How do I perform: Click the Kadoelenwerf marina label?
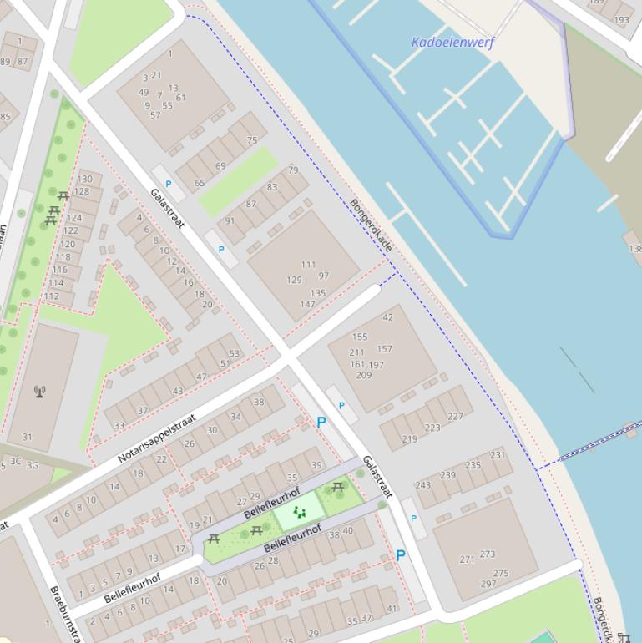tap(452, 42)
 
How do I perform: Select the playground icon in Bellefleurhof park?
tap(299, 513)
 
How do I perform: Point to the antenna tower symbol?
tap(40, 391)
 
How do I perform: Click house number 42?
tap(387, 317)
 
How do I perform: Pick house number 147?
tap(307, 305)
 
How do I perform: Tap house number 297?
tap(488, 585)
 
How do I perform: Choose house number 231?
tap(498, 455)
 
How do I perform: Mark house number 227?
tap(455, 416)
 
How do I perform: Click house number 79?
tap(293, 170)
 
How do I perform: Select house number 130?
tap(84, 180)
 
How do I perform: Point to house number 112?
tap(52, 296)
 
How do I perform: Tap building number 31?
tap(27, 437)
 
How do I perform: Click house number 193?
tap(621, 20)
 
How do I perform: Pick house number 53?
tap(235, 353)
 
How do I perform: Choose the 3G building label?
tap(33, 465)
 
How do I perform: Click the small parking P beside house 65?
tap(169, 184)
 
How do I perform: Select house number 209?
tap(363, 376)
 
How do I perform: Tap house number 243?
tap(423, 485)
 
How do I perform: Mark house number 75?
tap(252, 141)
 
